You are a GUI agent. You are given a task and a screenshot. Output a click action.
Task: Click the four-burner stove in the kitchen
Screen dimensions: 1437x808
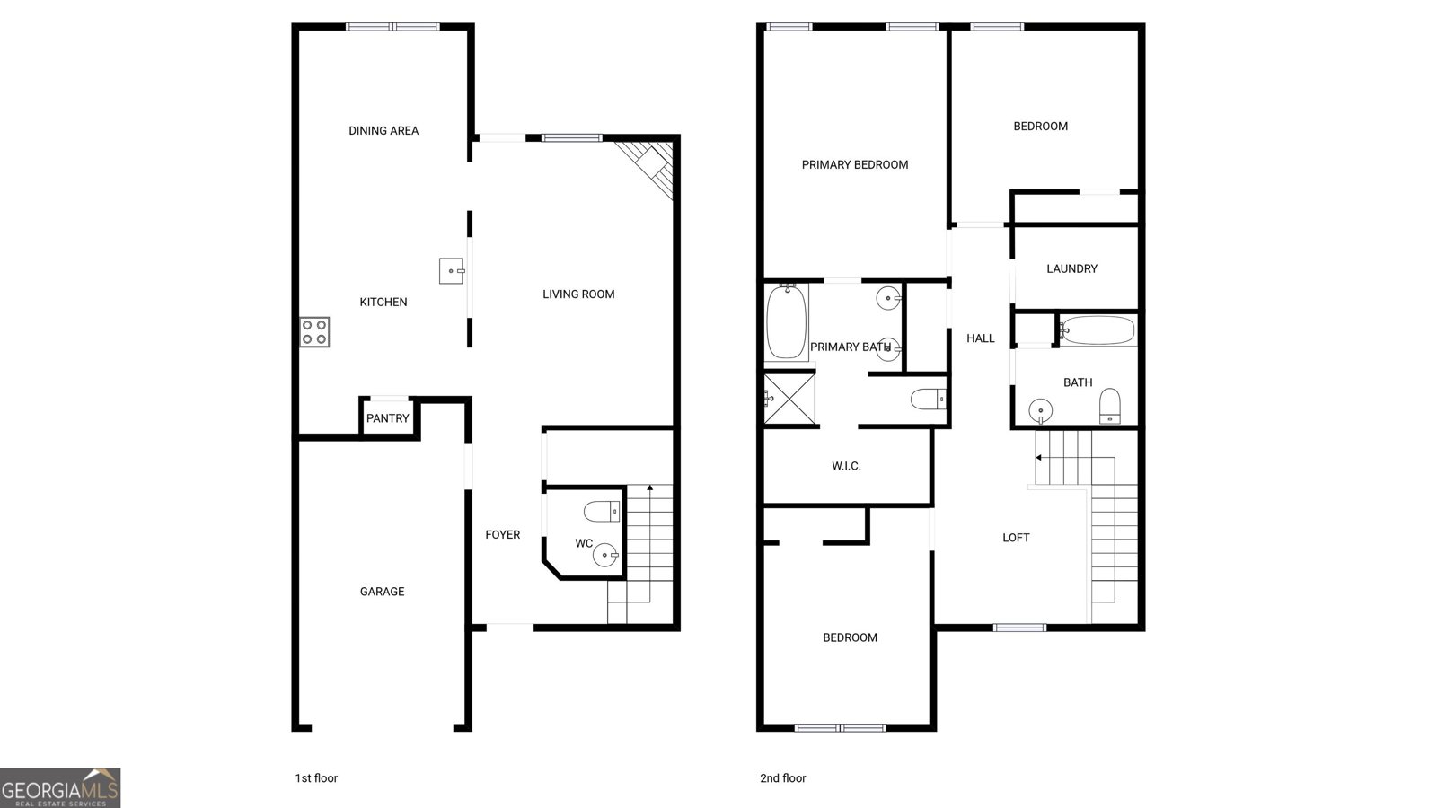(314, 332)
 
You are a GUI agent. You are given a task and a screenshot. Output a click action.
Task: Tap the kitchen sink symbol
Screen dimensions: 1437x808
(452, 270)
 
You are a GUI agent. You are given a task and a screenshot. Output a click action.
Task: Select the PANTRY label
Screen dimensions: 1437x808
(387, 418)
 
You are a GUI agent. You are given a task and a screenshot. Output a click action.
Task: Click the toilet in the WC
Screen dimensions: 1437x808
(602, 512)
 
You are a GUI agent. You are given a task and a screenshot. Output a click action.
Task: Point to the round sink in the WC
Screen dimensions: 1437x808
(605, 555)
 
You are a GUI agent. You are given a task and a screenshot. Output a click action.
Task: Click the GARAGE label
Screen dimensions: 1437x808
(382, 592)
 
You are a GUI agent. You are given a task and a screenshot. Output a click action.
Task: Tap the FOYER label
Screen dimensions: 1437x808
(502, 534)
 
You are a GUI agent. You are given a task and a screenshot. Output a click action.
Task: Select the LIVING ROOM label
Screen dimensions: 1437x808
(578, 294)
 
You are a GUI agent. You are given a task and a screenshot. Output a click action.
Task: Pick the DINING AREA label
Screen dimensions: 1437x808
(383, 131)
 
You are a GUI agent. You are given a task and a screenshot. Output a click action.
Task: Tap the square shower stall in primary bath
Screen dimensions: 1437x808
(789, 399)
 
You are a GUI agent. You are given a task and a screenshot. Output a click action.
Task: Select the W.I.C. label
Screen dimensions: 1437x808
(846, 466)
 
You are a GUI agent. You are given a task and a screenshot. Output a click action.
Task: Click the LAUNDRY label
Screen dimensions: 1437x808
(1072, 268)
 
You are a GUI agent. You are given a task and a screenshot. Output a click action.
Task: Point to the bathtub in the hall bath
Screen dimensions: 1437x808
(1098, 330)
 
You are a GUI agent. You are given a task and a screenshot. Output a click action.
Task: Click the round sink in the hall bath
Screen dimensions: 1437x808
(1041, 410)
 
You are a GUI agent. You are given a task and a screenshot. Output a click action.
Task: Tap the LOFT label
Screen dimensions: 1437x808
(1016, 538)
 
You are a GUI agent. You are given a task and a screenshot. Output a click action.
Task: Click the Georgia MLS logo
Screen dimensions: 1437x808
(60, 787)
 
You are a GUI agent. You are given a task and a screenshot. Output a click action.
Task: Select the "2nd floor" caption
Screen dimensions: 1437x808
(782, 777)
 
